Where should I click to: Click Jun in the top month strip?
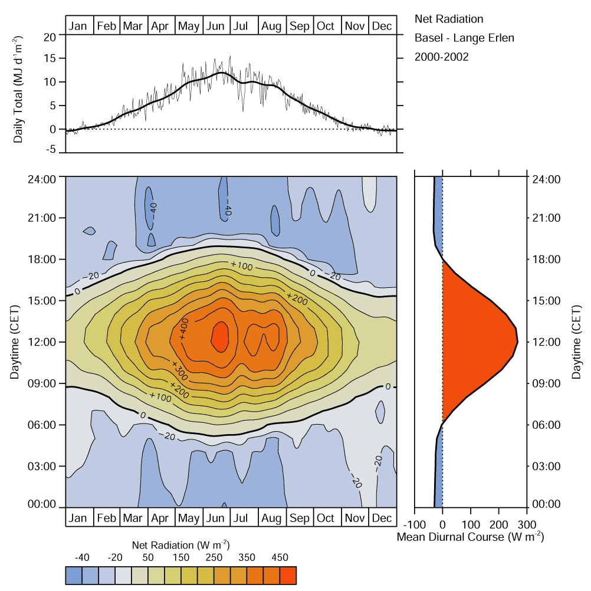click(215, 26)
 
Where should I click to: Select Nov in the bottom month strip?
click(354, 518)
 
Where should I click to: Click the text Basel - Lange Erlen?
click(465, 38)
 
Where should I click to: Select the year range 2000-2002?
click(442, 57)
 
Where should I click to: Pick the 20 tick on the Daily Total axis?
click(51, 36)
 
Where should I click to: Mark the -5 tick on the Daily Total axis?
click(52, 150)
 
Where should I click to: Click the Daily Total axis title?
click(18, 93)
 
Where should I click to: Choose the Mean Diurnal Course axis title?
click(470, 537)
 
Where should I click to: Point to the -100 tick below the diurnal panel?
click(414, 525)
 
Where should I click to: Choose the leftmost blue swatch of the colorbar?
click(73, 575)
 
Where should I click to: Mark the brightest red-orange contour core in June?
click(220, 337)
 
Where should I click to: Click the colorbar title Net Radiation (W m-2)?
click(179, 544)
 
